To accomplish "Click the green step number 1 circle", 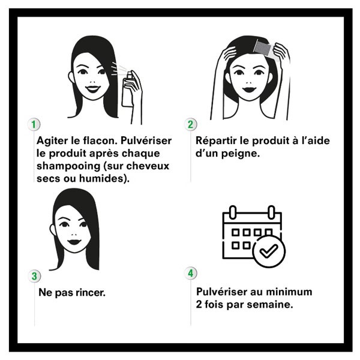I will point(35,124).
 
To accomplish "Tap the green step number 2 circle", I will point(191,124).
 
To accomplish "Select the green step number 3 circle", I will point(35,277).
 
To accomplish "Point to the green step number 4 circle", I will point(191,273).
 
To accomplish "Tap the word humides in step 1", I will point(109,178).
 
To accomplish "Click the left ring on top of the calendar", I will point(234,212).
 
